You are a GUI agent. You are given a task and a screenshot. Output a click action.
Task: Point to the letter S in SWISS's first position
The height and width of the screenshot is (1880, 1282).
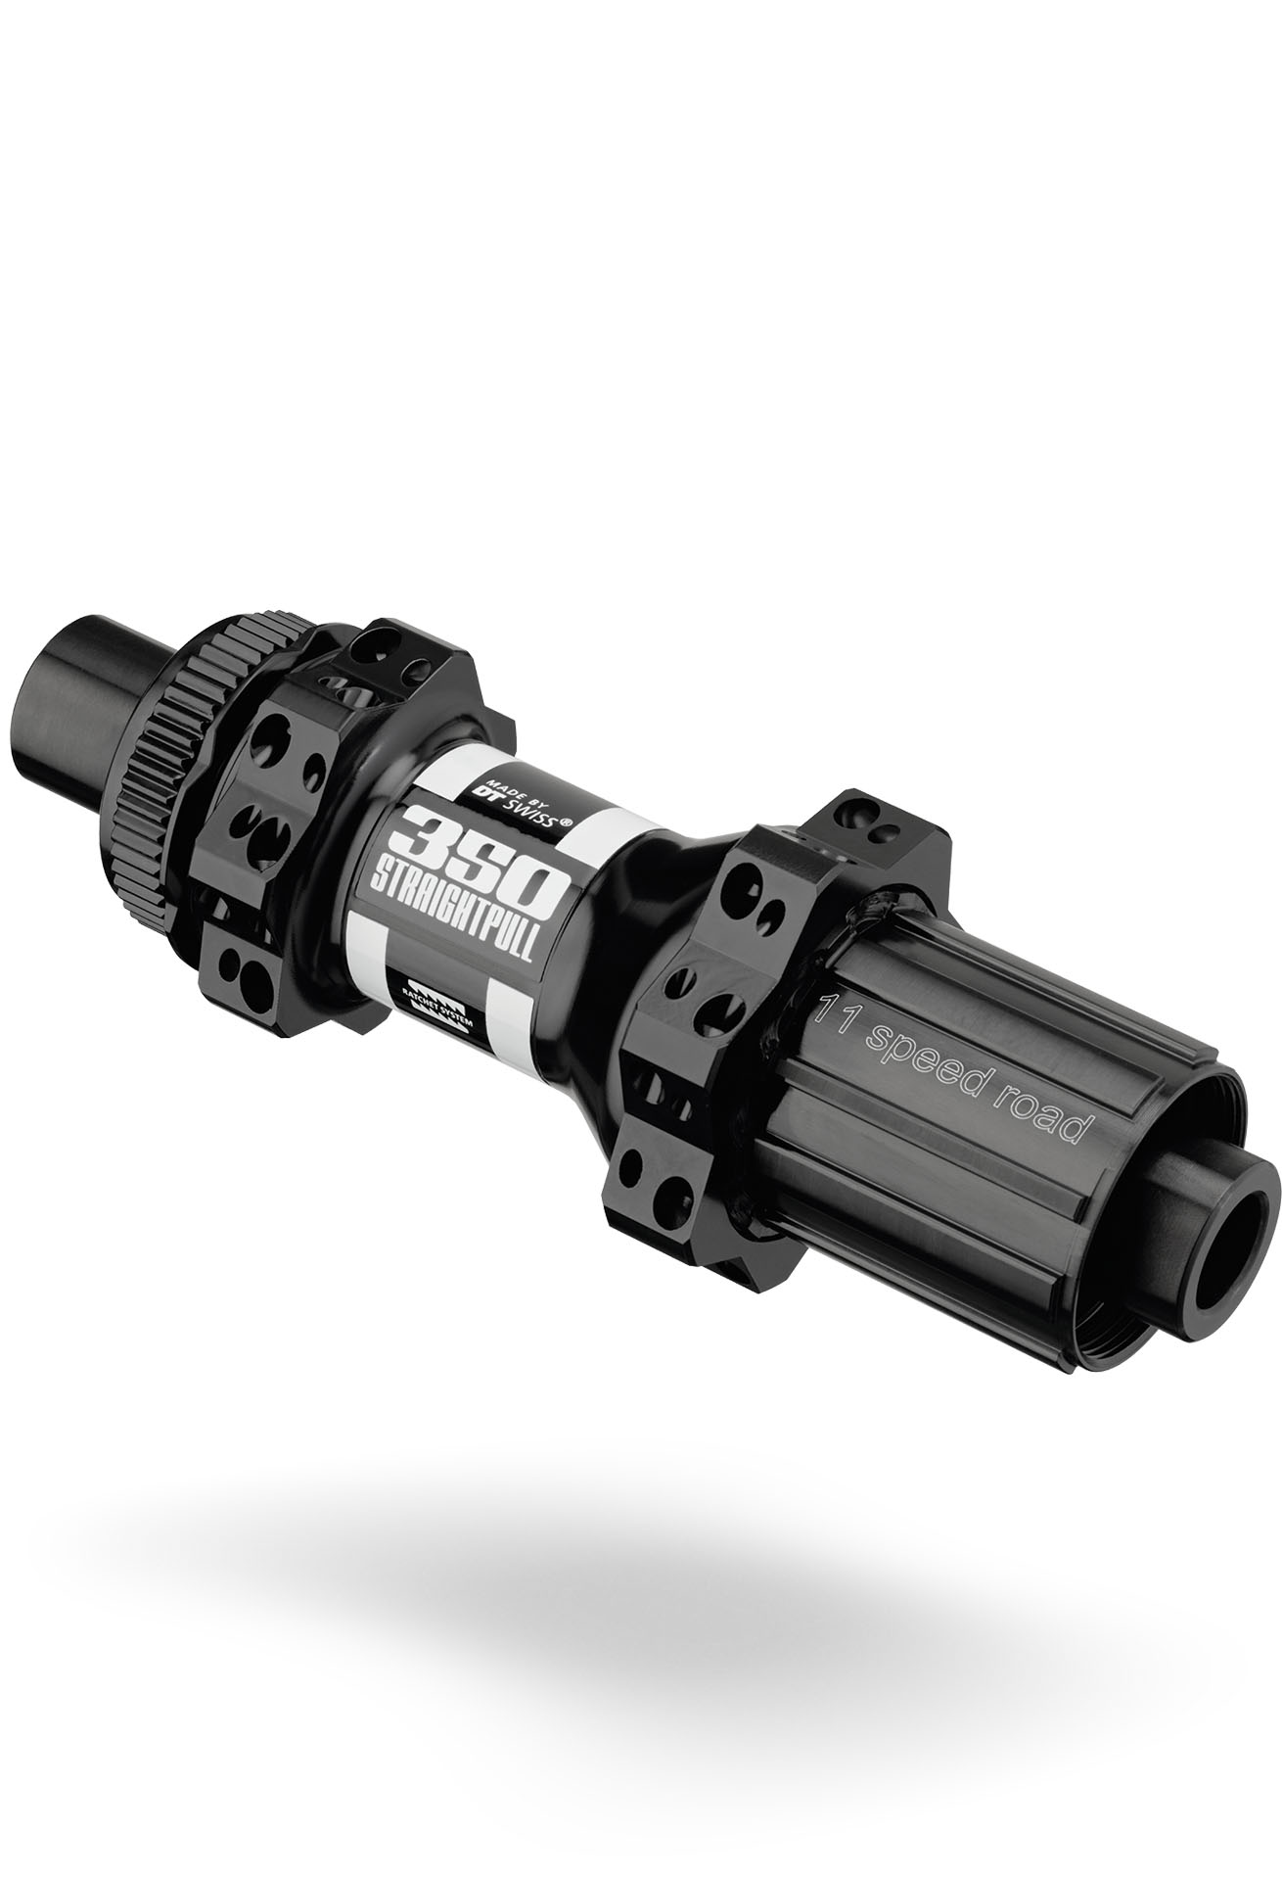[508, 803]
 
